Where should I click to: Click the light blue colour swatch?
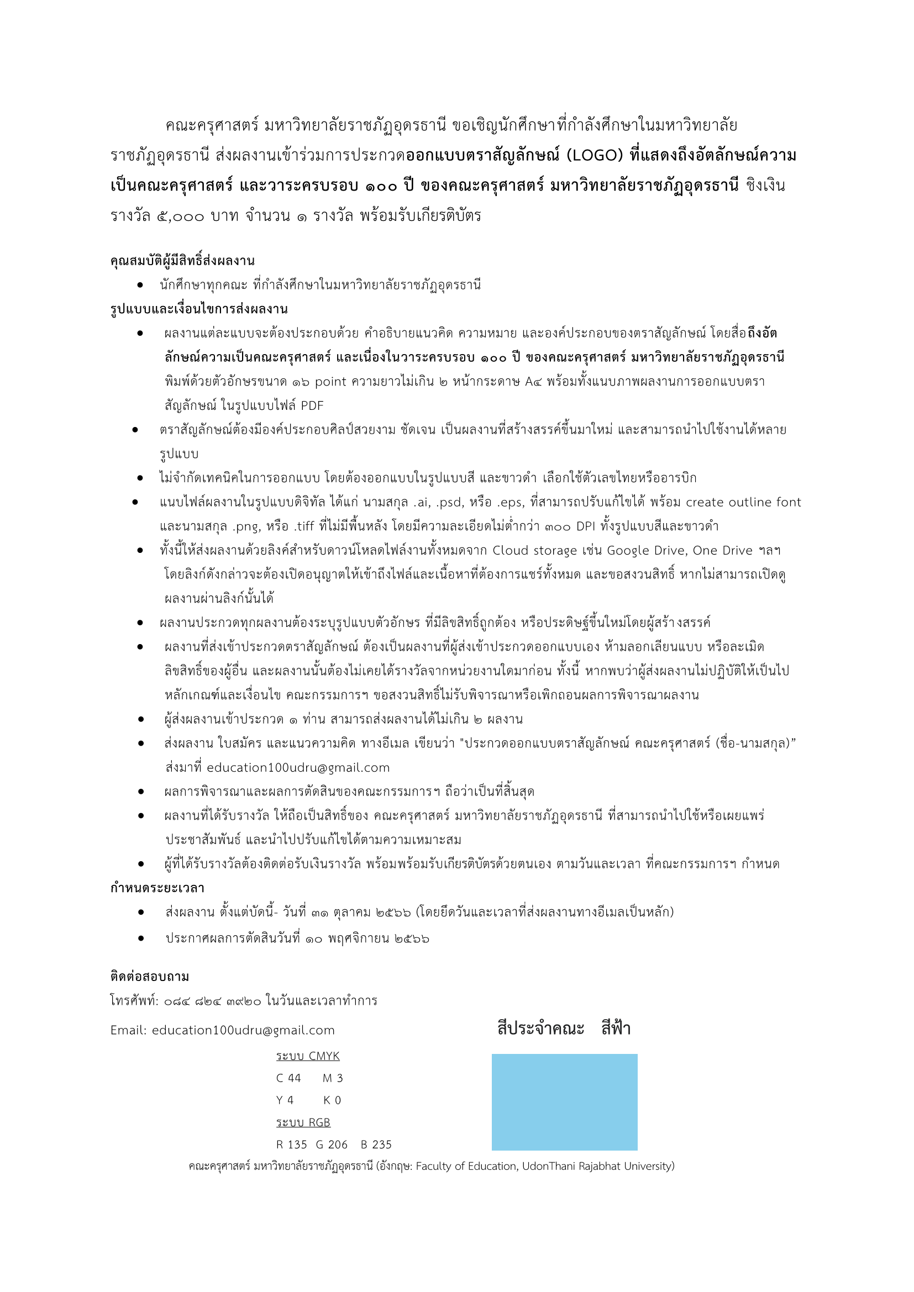(x=564, y=1102)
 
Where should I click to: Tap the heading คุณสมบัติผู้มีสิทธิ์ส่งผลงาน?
(x=182, y=261)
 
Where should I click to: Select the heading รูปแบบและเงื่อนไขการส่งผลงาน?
(x=199, y=309)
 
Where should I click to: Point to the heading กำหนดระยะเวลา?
(x=157, y=888)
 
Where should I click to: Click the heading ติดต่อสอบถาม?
(x=150, y=976)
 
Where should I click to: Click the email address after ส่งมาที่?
(x=298, y=768)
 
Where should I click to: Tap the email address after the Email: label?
(x=243, y=1030)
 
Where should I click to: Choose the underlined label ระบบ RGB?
(x=303, y=1122)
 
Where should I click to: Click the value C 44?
(x=288, y=1078)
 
